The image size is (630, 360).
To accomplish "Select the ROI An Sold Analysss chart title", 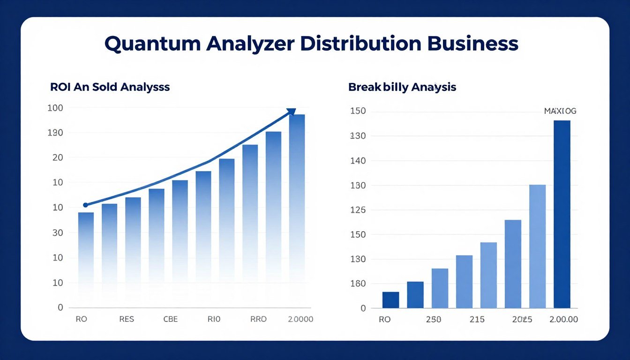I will tap(110, 87).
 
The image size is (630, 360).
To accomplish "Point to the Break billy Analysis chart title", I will tap(402, 87).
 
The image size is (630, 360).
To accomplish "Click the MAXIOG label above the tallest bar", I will tap(560, 111).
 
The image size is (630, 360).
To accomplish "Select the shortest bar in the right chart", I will tap(390, 300).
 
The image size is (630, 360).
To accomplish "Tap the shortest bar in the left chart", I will tap(86, 253).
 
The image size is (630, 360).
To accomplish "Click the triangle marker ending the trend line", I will tap(291, 112).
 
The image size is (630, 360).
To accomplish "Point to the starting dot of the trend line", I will tap(85, 205).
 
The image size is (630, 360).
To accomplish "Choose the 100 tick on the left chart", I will tap(55, 108).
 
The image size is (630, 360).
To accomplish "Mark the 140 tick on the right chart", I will tap(358, 161).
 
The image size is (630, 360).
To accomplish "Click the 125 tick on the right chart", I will tap(358, 210).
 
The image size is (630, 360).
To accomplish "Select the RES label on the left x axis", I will tap(127, 319).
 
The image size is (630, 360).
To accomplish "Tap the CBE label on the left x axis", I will tap(171, 319).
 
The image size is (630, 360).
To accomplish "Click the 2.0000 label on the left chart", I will tap(300, 319).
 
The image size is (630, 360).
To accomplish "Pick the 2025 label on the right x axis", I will tap(522, 320).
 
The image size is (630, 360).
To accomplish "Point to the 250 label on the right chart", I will tap(433, 320).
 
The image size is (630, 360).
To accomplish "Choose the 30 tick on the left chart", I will tap(57, 232).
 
